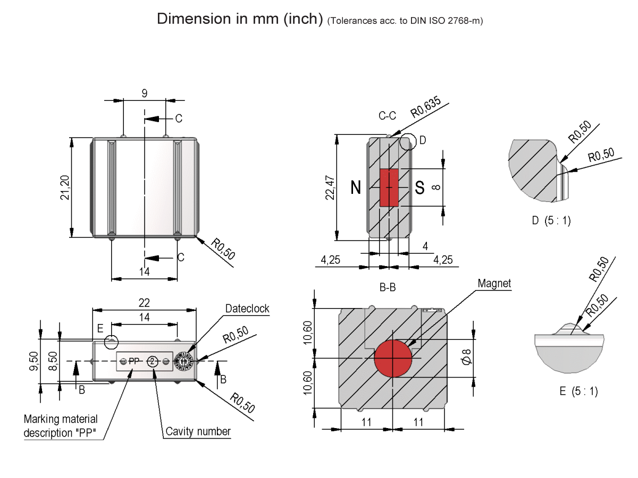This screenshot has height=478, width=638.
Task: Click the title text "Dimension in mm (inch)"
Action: pos(240,19)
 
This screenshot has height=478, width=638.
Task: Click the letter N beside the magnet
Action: pos(356,187)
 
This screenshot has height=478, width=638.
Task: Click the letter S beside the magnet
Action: pos(419,187)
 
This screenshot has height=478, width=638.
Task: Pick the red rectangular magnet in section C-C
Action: pos(389,187)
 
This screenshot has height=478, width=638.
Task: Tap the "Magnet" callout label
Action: pos(494,284)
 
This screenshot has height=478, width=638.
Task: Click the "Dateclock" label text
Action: pos(247,309)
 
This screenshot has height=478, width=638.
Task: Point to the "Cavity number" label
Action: pos(198,431)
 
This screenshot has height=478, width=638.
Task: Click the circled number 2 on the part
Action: pos(153,361)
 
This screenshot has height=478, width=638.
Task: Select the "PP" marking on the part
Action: pos(133,361)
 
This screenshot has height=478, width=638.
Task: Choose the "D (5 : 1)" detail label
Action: pos(551,220)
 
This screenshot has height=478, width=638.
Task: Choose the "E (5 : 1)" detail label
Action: pos(578,391)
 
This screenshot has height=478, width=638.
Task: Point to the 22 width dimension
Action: pos(144,303)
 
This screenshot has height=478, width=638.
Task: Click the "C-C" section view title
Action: pos(388,115)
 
